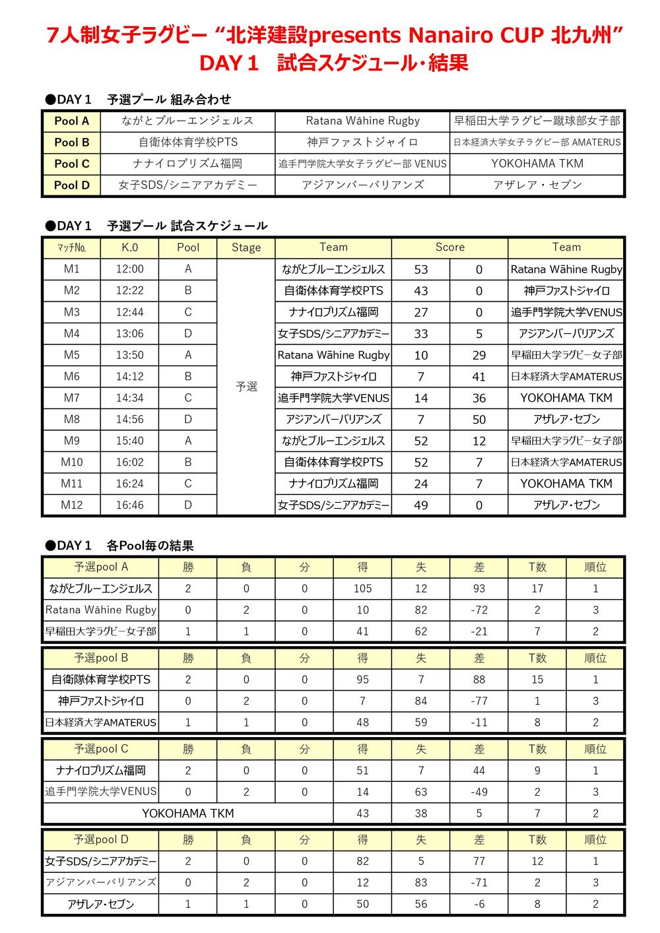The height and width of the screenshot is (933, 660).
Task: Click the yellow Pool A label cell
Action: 71,121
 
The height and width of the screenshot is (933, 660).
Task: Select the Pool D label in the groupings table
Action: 71,185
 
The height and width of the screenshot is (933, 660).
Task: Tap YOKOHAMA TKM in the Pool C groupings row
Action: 537,164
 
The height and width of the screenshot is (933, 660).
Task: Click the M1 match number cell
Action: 71,269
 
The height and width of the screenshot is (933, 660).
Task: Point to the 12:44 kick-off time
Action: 129,312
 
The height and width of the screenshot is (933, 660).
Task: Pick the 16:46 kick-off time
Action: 129,505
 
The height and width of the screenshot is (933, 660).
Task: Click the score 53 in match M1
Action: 420,269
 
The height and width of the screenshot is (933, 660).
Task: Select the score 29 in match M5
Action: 479,355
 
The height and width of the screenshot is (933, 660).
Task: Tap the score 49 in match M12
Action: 420,505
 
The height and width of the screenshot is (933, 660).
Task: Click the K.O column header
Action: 129,247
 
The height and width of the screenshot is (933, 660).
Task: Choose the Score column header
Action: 449,247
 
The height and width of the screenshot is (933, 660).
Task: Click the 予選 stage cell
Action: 246,387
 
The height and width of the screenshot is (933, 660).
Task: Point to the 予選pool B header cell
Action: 101,658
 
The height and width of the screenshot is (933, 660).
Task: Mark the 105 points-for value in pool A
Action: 362,589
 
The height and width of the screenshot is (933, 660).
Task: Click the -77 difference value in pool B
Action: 479,701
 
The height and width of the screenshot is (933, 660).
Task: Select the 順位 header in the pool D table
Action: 595,840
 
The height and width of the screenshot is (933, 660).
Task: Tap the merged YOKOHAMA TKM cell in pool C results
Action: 188,814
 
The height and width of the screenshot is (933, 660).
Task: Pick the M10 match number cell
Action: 71,462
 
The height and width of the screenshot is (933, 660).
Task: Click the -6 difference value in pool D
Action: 479,904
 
